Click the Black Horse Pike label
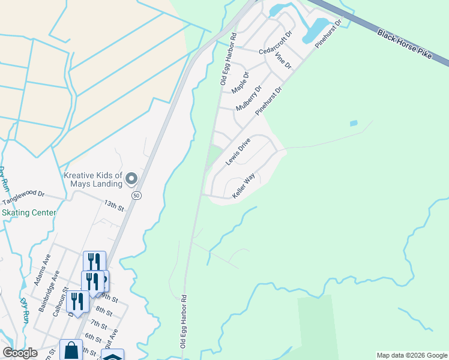pos(405,42)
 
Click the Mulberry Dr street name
pos(249,98)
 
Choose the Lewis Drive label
pos(238,152)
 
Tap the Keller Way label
pos(244,186)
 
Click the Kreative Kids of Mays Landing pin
pos(132,178)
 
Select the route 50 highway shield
pos(137,196)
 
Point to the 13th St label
pos(113,206)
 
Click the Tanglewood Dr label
pos(24,198)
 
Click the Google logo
pos(20,353)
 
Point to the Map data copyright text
pos(412,355)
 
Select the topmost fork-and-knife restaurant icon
pos(94,262)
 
